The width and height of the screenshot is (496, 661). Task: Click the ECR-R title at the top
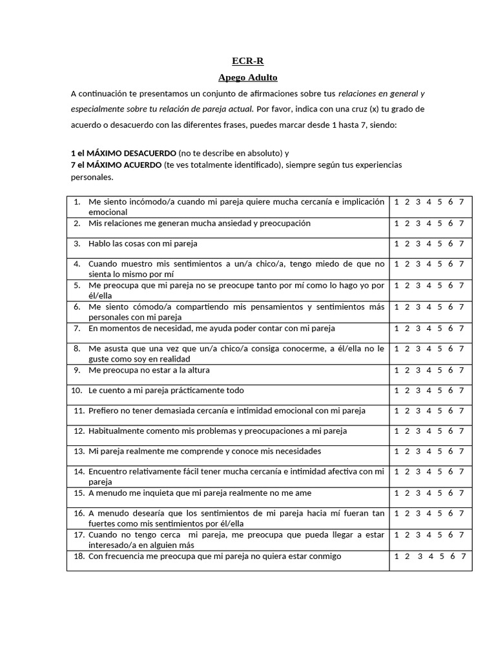248,61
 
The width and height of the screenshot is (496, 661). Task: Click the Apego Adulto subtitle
248,77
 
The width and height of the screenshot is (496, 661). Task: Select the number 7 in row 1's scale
461,201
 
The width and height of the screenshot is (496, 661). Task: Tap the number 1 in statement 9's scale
396,370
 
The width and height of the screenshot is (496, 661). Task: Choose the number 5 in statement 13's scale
440,451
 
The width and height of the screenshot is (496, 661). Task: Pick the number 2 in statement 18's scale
407,556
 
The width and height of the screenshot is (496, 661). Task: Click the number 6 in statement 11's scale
451,411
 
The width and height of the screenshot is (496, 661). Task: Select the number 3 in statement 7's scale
418,328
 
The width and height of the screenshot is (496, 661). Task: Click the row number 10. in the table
76,391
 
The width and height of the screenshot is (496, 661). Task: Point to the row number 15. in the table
79,493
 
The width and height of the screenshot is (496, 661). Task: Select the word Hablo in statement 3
99,243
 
